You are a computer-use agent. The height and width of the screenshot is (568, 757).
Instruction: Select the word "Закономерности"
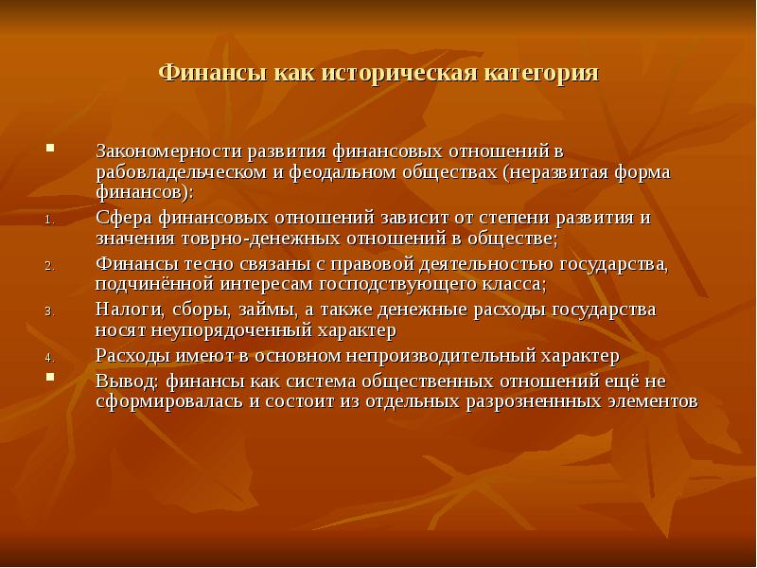(169, 151)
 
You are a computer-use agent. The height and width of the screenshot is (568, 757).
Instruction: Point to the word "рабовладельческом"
(181, 172)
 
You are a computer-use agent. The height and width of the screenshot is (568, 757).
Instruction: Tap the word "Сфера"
(124, 218)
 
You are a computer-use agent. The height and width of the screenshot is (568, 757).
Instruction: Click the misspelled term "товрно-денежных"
(261, 239)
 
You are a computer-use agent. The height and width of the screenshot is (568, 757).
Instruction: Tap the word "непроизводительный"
(440, 356)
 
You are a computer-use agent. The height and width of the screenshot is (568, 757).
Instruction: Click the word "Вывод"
(128, 382)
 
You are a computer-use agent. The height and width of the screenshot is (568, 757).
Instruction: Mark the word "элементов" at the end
(653, 401)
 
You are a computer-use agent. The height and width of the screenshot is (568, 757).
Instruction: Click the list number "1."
(51, 221)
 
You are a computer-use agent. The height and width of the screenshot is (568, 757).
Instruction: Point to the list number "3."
(51, 312)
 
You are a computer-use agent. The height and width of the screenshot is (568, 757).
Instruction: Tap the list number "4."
(51, 359)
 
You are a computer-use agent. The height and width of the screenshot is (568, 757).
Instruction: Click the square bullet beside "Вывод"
(50, 377)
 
